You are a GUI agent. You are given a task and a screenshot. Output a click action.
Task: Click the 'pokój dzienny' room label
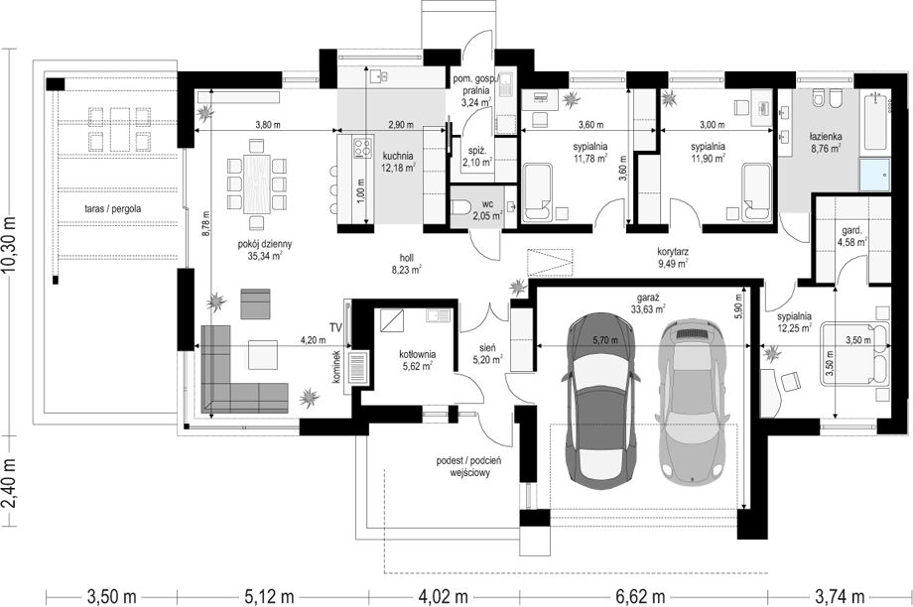tap(265, 244)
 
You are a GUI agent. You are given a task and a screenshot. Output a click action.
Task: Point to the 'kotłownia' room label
tap(418, 354)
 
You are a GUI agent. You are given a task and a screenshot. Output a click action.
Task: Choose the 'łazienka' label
tap(825, 137)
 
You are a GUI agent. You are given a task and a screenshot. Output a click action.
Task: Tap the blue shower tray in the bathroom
tap(874, 174)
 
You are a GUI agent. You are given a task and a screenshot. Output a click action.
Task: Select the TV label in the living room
tap(334, 327)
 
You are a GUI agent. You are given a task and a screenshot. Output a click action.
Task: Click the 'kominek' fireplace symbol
tap(357, 367)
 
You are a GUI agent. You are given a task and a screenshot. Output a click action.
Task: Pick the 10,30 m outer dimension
tap(10, 240)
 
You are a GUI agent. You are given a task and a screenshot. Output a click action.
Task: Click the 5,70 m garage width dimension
tap(605, 340)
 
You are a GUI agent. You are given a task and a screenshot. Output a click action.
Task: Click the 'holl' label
tap(407, 257)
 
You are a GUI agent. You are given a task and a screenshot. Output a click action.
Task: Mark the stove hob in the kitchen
tap(363, 147)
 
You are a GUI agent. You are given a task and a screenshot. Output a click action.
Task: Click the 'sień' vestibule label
tap(488, 347)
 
